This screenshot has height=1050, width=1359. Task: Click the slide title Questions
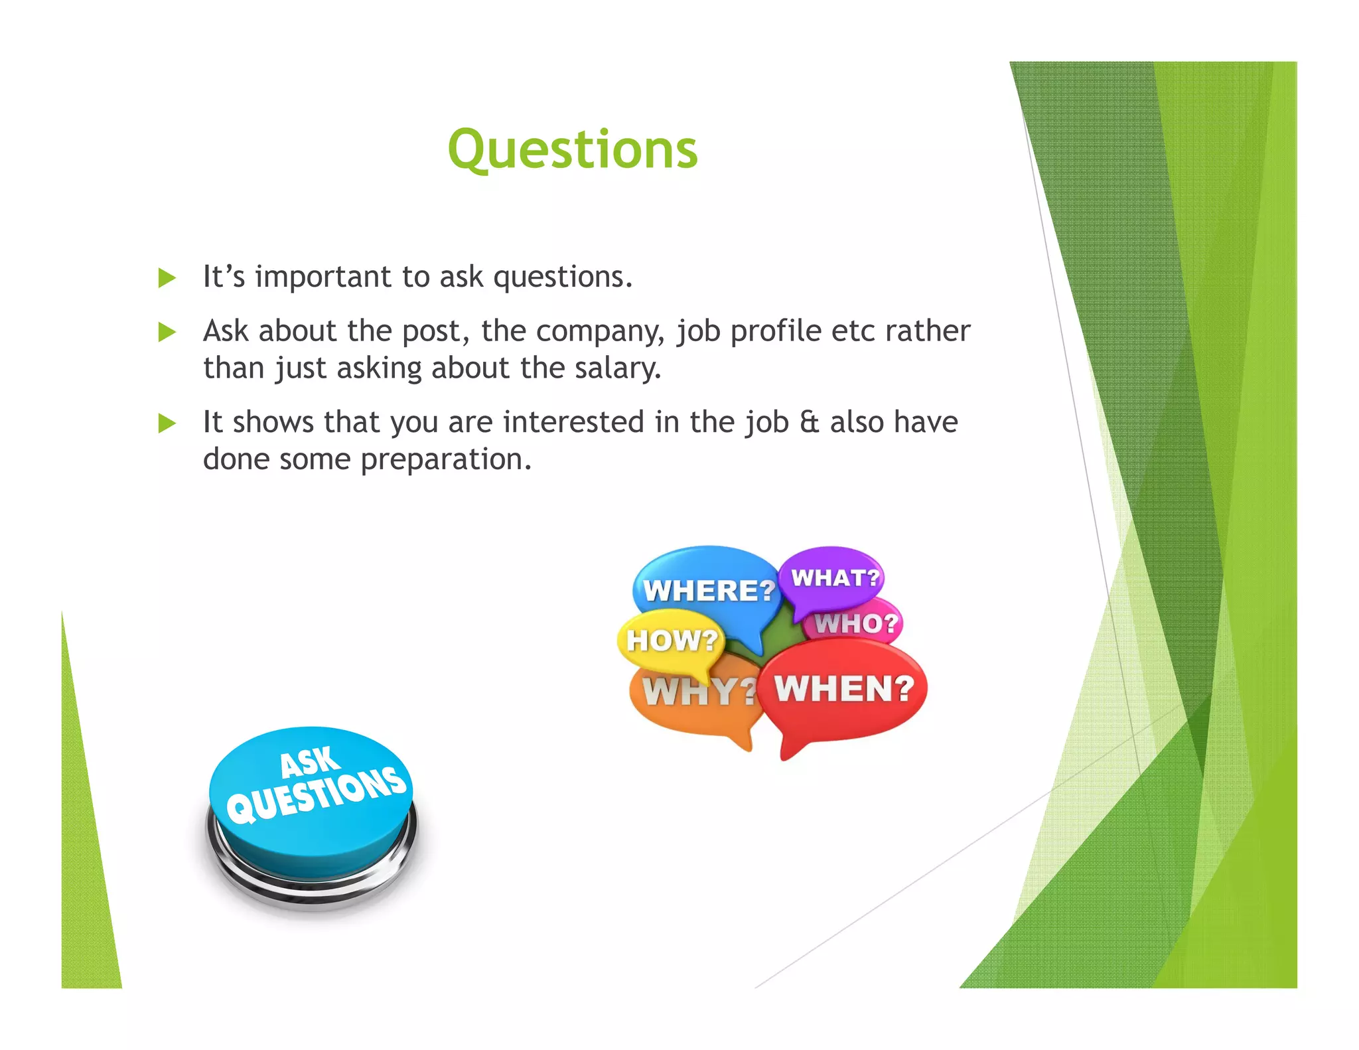click(x=573, y=150)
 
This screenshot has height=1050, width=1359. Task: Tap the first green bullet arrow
click(x=167, y=278)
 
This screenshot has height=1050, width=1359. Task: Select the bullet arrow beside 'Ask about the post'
click(x=167, y=332)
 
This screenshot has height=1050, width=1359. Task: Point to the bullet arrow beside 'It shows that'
click(x=167, y=423)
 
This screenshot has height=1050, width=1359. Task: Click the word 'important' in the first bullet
click(x=323, y=277)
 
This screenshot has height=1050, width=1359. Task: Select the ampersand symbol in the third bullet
click(x=809, y=422)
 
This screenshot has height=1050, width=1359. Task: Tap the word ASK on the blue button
click(x=309, y=762)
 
